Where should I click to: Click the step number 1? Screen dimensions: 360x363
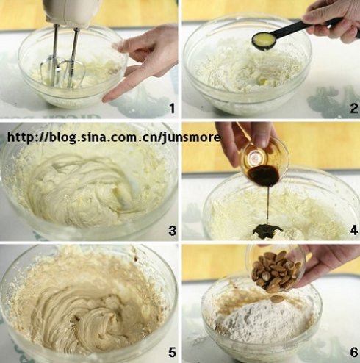(173, 108)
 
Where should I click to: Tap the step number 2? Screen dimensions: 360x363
(354, 108)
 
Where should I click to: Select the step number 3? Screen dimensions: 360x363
(173, 231)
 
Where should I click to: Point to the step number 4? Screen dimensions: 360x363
(354, 231)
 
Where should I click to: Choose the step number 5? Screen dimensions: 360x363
(173, 353)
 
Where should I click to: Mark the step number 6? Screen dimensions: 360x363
(354, 353)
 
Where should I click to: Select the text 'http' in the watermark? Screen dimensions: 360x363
(20, 137)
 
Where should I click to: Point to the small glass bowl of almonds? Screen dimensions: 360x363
(276, 268)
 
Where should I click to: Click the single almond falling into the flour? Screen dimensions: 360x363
(278, 298)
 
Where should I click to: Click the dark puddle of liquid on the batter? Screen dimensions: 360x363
(267, 230)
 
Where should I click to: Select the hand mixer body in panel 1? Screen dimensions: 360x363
(71, 12)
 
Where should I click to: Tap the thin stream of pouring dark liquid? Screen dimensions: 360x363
(268, 205)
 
